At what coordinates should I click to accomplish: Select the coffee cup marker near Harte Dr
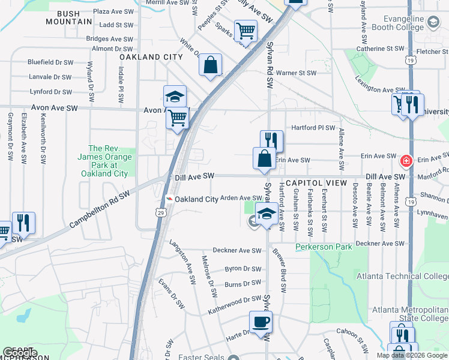261,322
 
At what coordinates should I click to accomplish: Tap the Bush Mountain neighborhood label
70,17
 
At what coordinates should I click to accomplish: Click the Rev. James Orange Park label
104,161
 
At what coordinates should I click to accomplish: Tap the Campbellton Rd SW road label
100,210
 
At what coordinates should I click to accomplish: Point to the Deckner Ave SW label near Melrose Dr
237,251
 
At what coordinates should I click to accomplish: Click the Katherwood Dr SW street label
235,304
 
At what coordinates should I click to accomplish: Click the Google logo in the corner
20,353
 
